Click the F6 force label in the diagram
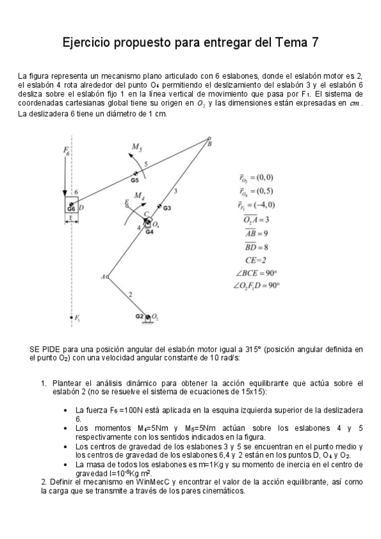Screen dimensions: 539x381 click(x=66, y=150)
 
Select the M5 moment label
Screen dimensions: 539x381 click(x=136, y=147)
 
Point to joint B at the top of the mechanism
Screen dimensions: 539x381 click(x=209, y=139)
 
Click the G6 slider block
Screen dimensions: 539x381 click(x=71, y=207)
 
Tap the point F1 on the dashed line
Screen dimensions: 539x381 click(x=71, y=317)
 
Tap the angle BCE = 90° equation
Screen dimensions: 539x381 click(x=255, y=273)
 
